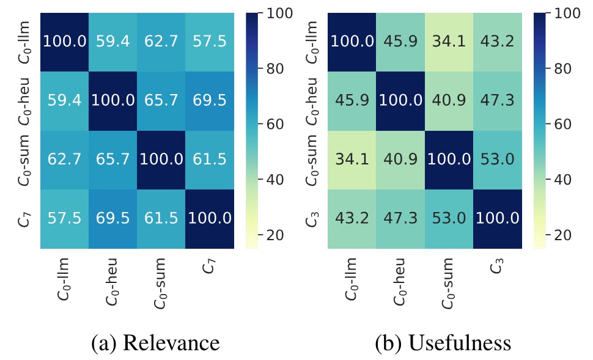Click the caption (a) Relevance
click(155, 343)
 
